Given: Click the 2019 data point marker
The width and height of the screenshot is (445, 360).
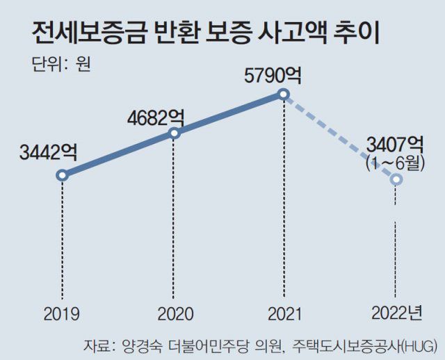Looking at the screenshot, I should click(x=62, y=175).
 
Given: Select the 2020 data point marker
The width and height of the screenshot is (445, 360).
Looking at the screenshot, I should click(x=175, y=133).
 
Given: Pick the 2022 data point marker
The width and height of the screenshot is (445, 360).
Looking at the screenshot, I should click(x=396, y=179).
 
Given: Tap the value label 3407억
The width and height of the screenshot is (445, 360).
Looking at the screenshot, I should click(x=395, y=145).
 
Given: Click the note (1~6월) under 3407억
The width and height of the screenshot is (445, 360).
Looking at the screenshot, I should click(x=395, y=163).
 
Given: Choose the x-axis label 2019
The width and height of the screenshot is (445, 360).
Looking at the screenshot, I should click(x=62, y=315).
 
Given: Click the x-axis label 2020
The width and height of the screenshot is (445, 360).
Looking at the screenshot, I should click(x=175, y=315).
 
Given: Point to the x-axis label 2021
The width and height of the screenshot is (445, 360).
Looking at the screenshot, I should click(x=284, y=315).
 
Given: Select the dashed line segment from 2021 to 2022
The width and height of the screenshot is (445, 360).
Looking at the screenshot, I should click(x=340, y=137).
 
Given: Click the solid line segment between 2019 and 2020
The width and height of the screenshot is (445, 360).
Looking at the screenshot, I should click(x=118, y=154).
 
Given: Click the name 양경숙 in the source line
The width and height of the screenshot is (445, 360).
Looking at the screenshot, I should click(x=140, y=345).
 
